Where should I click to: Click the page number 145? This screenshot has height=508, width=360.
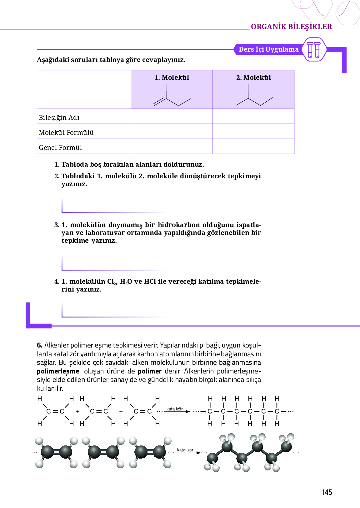coord(327,492)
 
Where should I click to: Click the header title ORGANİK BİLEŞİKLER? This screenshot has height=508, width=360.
coord(291,27)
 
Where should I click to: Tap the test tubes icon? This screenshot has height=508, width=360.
coord(314,50)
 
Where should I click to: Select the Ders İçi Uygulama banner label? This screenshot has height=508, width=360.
coord(268,49)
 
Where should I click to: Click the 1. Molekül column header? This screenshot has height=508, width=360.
coord(172,78)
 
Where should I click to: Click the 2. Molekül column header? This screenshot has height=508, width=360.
coord(253,78)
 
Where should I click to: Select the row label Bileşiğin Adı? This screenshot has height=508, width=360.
coord(59,118)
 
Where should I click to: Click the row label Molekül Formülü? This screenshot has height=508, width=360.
coord(66,133)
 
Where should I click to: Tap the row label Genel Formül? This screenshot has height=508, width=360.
coord(60,148)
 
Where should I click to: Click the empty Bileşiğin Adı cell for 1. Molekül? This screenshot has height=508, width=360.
coord(172,116)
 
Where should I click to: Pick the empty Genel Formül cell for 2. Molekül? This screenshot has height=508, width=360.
coord(253,146)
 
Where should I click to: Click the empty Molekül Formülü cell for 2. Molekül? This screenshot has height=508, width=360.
coord(253,131)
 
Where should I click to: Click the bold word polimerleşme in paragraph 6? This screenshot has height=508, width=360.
coord(58,371)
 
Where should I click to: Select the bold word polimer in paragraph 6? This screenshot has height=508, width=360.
coord(150,371)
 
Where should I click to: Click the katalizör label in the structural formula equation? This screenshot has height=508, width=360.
coord(174,409)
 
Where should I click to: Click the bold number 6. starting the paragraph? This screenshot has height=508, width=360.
coord(40,345)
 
